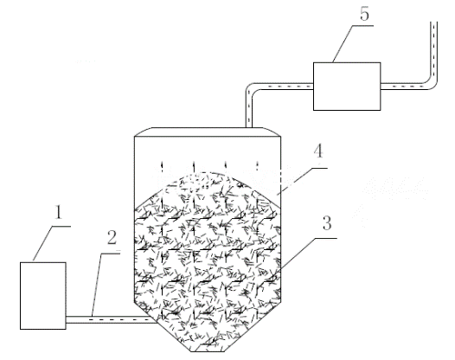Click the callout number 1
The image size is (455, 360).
tap(59, 212)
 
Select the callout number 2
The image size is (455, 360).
tap(112, 237)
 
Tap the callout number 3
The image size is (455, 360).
tap(327, 223)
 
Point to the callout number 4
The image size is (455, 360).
tap(318, 151)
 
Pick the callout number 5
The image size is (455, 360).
tap(364, 14)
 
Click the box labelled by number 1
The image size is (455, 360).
tap(43, 296)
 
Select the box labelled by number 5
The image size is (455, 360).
tap(347, 87)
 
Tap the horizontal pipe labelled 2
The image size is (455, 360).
tap(110, 319)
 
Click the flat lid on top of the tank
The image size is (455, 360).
tap(208, 132)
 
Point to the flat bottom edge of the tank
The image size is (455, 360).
tap(208, 351)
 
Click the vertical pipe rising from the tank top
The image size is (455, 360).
tap(249, 110)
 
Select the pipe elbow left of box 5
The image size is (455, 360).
tap(250, 87)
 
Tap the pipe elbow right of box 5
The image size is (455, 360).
tap(433, 85)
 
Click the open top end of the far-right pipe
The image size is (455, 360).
tap(433, 22)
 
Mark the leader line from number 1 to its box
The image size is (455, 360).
tap(43, 243)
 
